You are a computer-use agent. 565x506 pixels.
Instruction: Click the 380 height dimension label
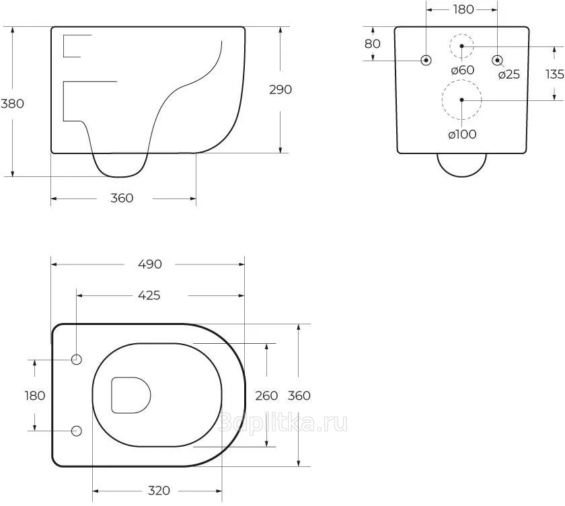[x=12, y=104]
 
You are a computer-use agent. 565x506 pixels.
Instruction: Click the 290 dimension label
[x=280, y=89]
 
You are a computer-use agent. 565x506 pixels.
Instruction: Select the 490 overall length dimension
[x=150, y=264]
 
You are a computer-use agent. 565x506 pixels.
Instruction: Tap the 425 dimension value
[x=149, y=295]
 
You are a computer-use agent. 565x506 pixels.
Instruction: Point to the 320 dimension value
[x=159, y=491]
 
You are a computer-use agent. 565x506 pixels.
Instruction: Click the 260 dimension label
[x=266, y=396]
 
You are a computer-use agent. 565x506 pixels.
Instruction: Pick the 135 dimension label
[x=555, y=74]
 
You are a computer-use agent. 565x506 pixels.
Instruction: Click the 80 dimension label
[x=373, y=44]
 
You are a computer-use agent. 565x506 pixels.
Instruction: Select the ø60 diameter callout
[x=463, y=70]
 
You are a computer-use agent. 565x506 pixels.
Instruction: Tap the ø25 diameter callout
[x=509, y=75]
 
